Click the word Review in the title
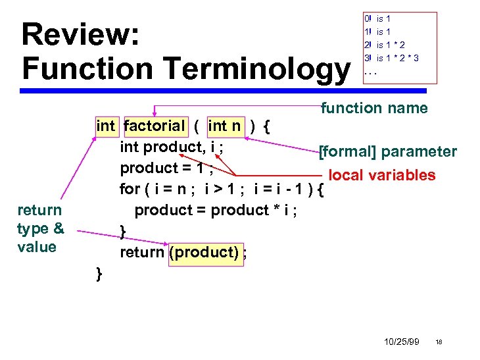[80, 34]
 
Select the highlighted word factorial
[155, 126]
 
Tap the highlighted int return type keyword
[105, 126]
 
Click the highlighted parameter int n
[225, 126]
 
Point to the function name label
[374, 108]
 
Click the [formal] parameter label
[388, 152]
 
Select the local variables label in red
[382, 175]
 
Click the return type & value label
[40, 228]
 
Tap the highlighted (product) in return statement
[204, 252]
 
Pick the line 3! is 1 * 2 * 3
[391, 58]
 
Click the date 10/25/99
[402, 342]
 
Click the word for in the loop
[129, 190]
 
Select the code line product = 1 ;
[166, 168]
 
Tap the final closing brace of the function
[99, 273]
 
